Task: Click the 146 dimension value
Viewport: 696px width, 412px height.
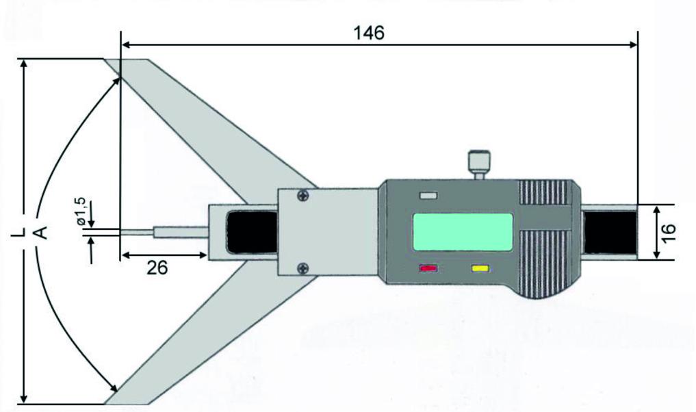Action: point(368,33)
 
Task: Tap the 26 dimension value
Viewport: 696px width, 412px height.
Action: point(157,268)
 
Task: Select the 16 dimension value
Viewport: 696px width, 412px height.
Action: point(668,232)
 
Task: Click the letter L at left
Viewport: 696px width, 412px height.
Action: point(18,232)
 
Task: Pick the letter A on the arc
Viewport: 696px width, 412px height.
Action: point(40,232)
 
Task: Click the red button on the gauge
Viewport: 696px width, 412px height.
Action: point(428,268)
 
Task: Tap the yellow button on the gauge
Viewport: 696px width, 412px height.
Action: point(480,268)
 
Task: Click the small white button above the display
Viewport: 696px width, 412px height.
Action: point(429,196)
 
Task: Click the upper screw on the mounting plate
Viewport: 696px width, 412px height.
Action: point(304,195)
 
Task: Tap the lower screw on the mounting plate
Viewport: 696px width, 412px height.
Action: point(304,268)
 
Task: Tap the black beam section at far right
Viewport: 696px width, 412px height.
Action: point(610,232)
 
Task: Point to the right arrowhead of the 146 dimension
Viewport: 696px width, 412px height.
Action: point(632,44)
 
